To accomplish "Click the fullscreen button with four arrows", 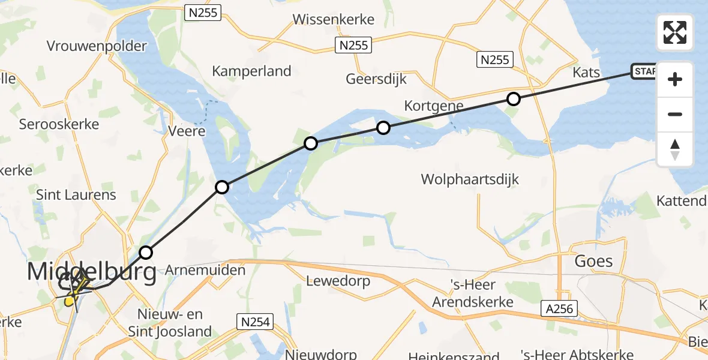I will (675, 32).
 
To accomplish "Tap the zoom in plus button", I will (675, 79).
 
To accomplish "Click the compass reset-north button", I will (675, 149).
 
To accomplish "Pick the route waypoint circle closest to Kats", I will (513, 99).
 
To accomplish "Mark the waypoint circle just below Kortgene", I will (383, 127).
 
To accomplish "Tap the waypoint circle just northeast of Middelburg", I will (146, 252).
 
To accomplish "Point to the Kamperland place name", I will (251, 71).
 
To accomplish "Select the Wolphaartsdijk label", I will (470, 179).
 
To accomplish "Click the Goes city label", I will (593, 261).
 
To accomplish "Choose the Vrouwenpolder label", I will (97, 46).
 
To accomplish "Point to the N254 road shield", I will (255, 322).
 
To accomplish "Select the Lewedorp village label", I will (337, 280).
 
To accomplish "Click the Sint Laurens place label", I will (76, 195).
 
